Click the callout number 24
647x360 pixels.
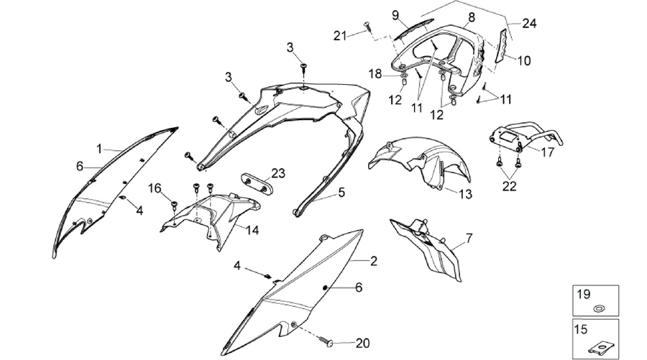click(x=529, y=24)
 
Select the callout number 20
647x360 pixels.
click(x=362, y=343)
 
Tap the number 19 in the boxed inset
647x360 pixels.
click(x=584, y=295)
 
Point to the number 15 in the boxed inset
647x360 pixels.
click(x=581, y=330)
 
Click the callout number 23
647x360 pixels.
click(x=278, y=173)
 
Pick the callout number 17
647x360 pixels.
click(x=548, y=152)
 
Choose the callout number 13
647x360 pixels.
click(x=465, y=194)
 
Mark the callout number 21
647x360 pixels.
click(x=340, y=36)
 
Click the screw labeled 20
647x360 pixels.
click(x=330, y=342)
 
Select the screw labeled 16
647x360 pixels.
click(x=174, y=203)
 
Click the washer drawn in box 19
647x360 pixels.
click(x=597, y=308)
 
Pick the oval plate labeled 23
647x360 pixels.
click(x=256, y=183)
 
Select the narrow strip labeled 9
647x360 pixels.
click(x=414, y=29)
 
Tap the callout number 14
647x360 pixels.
click(x=252, y=230)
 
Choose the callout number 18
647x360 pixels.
click(x=375, y=74)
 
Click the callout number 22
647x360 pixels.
click(x=509, y=186)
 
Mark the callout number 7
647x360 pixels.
click(x=469, y=238)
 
